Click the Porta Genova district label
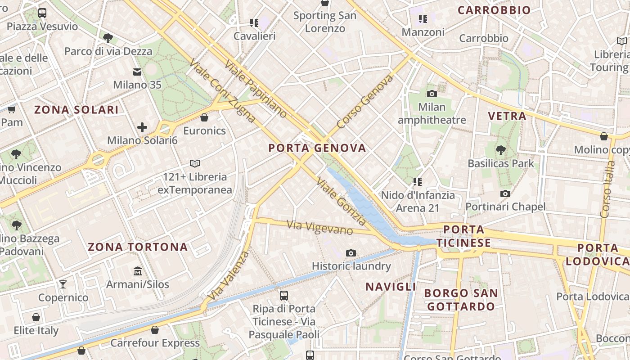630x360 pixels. [317, 148]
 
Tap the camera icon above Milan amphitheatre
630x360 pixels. [432, 94]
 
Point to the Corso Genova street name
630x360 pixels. [365, 102]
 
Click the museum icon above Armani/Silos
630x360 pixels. [138, 271]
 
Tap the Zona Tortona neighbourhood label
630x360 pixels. [138, 247]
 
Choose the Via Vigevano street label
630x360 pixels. [319, 227]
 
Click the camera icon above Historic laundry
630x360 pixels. [351, 253]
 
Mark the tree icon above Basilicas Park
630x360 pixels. [500, 150]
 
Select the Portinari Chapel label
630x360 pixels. [505, 207]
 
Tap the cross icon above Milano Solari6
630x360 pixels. [142, 127]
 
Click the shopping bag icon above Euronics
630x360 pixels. [204, 117]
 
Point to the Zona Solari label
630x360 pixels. [76, 110]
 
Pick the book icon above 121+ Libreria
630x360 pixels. [195, 163]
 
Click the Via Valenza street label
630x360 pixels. [229, 275]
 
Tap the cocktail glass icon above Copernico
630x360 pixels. [63, 284]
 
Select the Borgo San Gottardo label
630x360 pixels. [461, 300]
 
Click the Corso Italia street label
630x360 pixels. [607, 189]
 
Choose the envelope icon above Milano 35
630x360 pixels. [137, 72]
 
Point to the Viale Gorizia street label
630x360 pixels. [342, 201]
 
